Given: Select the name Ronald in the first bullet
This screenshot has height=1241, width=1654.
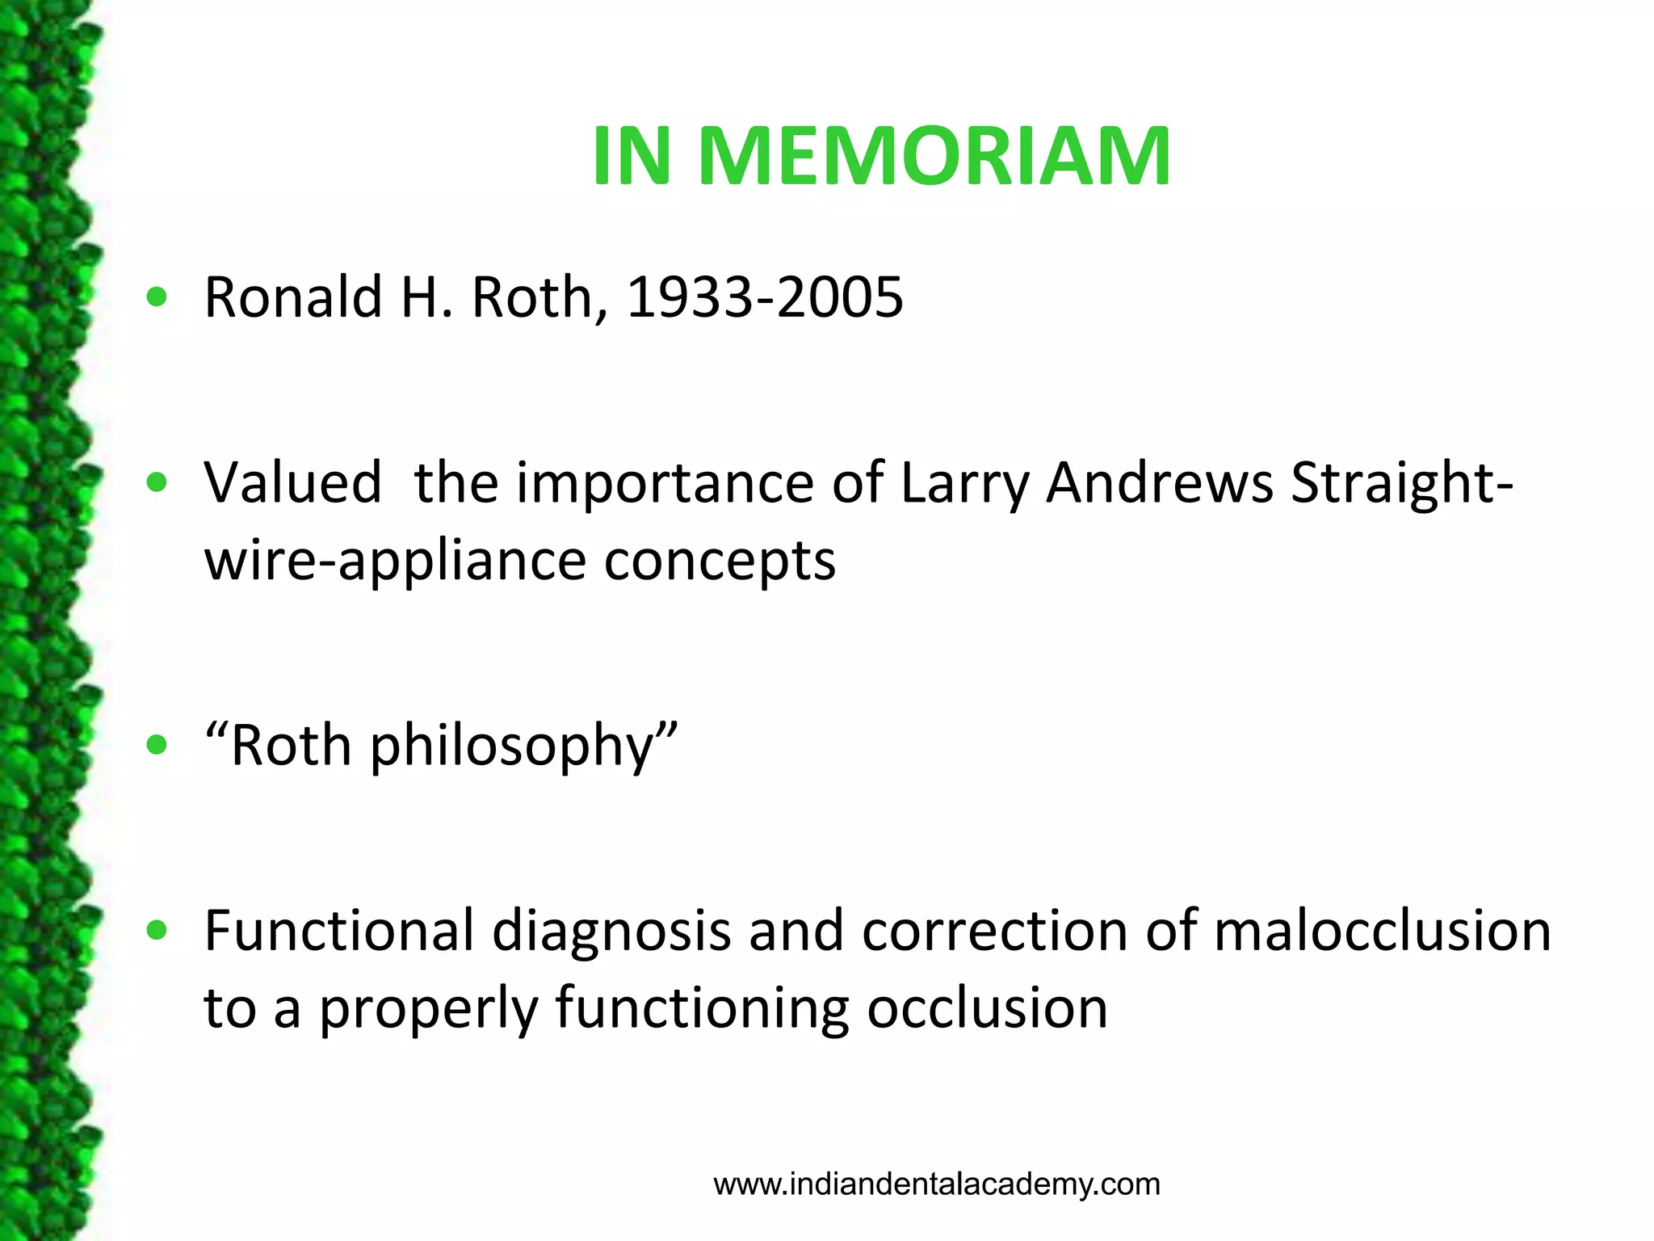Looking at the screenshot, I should point(292,297).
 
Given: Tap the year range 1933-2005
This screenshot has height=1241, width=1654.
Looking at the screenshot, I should point(764,297).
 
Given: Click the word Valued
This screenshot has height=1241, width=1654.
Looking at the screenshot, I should point(292,483).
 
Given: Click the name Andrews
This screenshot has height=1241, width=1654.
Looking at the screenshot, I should point(1160,483).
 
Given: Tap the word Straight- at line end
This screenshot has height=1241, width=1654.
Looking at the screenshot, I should point(1402,483).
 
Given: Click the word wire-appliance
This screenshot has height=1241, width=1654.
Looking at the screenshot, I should point(394,561).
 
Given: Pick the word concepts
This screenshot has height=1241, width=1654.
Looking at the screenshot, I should point(720,561).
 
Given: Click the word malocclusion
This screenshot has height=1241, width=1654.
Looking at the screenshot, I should point(1383,931).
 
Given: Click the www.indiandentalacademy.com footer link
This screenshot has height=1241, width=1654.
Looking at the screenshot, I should point(937,1184).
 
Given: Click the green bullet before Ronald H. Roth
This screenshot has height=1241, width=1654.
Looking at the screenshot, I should point(157,297).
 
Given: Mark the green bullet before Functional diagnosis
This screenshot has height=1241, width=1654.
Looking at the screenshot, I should point(157,931).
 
